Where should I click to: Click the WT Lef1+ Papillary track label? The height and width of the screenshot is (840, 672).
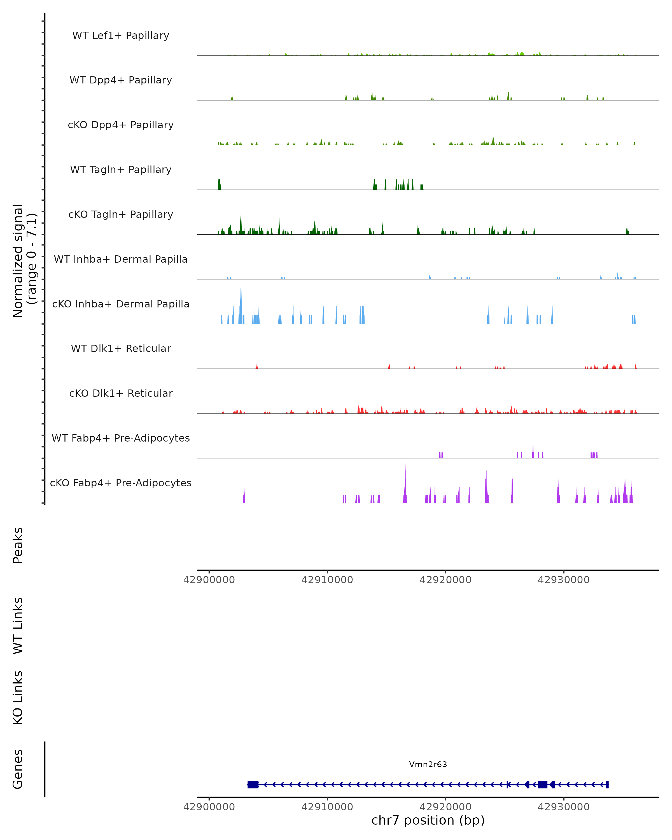121,36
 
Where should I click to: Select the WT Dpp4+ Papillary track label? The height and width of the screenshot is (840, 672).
121,80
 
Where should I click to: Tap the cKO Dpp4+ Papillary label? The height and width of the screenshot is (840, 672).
121,125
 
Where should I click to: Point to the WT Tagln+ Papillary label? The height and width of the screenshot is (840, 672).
121,170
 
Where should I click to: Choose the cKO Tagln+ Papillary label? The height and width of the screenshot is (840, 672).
121,215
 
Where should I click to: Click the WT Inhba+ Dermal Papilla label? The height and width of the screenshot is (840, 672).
121,260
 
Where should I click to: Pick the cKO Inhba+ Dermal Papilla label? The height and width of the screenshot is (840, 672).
121,304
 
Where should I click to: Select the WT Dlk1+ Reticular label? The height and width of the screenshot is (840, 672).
121,349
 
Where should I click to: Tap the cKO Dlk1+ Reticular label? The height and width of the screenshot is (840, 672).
121,393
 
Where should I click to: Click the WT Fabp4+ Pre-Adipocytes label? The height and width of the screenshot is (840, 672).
121,438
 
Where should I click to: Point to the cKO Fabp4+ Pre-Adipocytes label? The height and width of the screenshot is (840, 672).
121,483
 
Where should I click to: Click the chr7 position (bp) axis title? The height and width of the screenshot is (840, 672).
428,820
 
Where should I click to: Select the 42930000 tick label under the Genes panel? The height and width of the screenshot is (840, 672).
563,807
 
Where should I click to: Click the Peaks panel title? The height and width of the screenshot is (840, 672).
18,545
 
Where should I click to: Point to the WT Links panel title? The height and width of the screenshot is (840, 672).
18,626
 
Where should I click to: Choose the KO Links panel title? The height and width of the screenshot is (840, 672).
18,698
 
